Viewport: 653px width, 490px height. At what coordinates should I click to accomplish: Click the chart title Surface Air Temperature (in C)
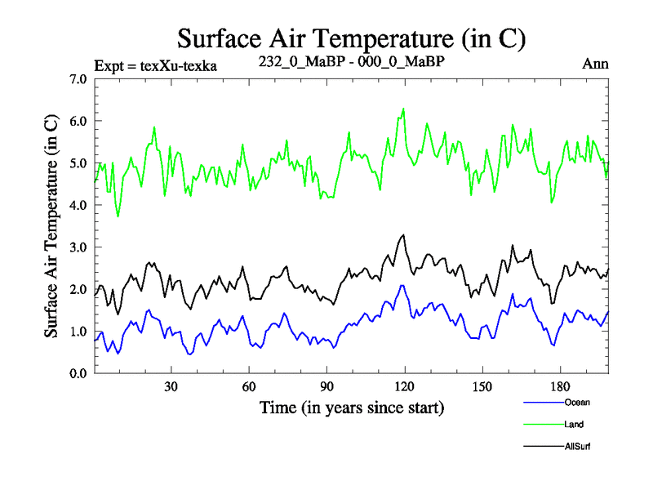[351, 38]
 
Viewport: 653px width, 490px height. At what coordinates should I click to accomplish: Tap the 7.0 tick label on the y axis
[79, 79]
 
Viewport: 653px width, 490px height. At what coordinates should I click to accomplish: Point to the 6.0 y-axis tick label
[79, 121]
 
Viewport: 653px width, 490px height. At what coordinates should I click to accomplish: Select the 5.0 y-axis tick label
[79, 163]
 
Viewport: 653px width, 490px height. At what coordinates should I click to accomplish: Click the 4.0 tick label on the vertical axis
[79, 205]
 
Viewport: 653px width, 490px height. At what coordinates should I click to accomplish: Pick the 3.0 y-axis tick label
[79, 247]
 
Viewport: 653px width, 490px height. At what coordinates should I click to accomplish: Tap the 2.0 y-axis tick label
[79, 289]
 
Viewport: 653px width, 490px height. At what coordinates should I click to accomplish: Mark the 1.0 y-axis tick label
[79, 331]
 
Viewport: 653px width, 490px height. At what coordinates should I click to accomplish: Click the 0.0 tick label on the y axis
[79, 373]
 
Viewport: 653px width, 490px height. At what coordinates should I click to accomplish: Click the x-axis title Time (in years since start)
[351, 407]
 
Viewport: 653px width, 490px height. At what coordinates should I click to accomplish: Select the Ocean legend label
[576, 402]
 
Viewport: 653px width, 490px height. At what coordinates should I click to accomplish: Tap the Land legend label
[574, 424]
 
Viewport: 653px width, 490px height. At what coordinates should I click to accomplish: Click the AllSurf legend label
[577, 446]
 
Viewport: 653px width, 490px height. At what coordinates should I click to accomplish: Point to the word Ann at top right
[596, 64]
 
